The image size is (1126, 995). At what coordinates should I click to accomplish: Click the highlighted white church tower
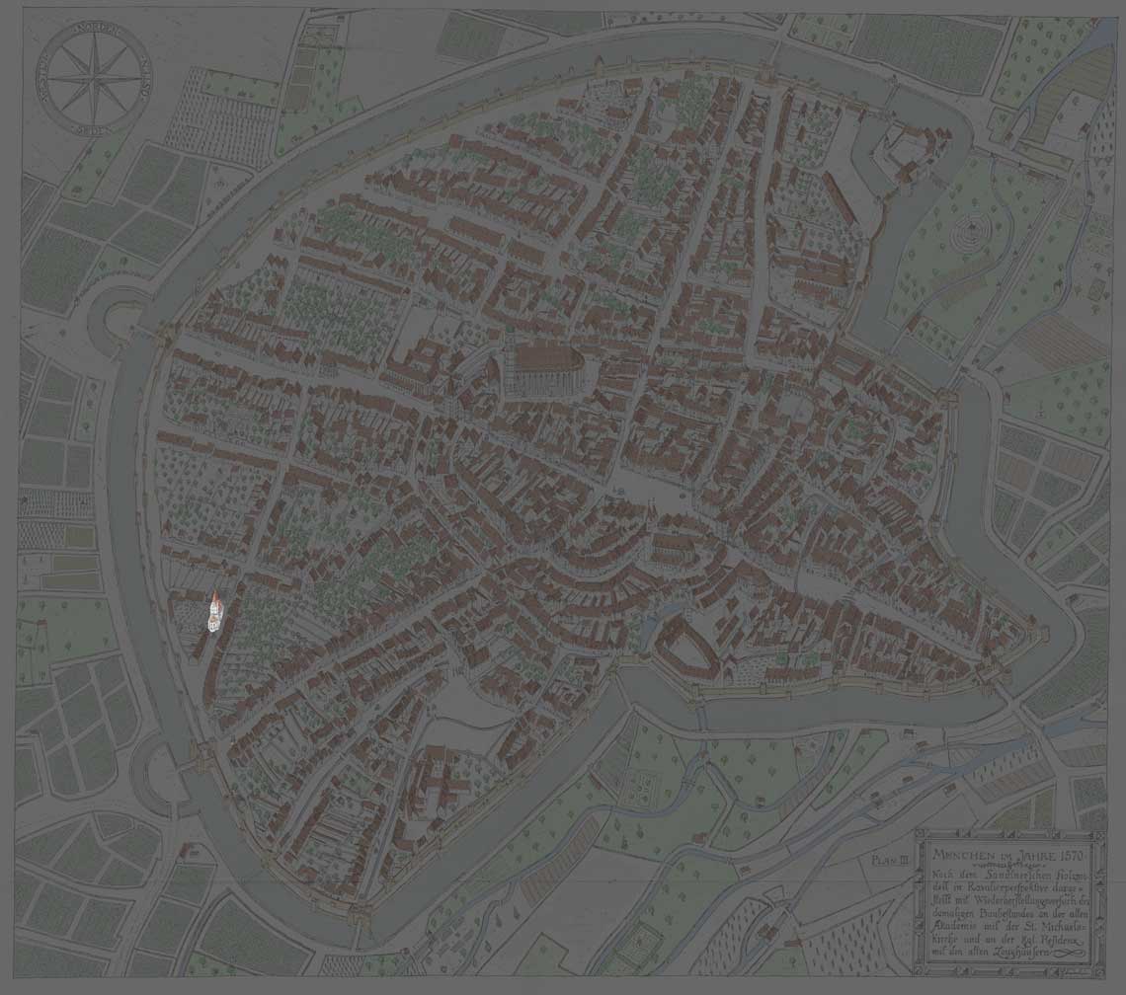tap(214, 613)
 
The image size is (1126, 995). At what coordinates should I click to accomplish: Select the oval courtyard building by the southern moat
tap(686, 648)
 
